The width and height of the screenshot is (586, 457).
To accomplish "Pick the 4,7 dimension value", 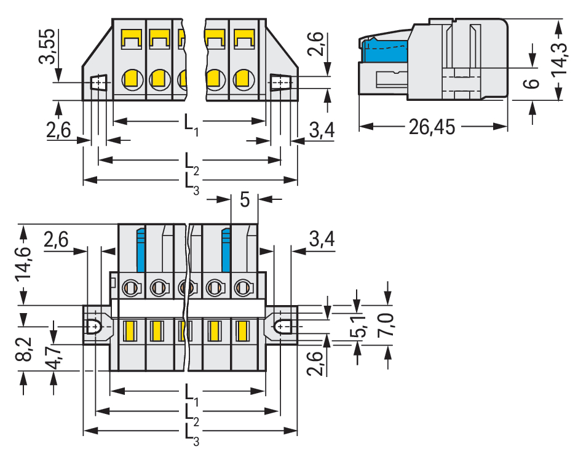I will coord(54,357).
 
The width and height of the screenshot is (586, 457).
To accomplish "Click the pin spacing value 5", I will coord(245,201).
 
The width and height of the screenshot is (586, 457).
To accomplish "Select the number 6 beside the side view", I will coord(533,82).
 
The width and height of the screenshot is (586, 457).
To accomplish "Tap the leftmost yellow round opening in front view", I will coord(131,79).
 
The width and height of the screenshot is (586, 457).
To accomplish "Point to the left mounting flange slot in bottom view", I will coord(94,326).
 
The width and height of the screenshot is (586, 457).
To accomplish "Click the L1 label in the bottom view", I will coord(191,392).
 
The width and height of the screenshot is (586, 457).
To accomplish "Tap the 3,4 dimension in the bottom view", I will coord(322,240).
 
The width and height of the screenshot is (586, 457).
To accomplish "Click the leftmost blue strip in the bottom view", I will coord(141,248).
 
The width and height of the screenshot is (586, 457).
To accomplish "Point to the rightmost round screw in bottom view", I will coord(243,287).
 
